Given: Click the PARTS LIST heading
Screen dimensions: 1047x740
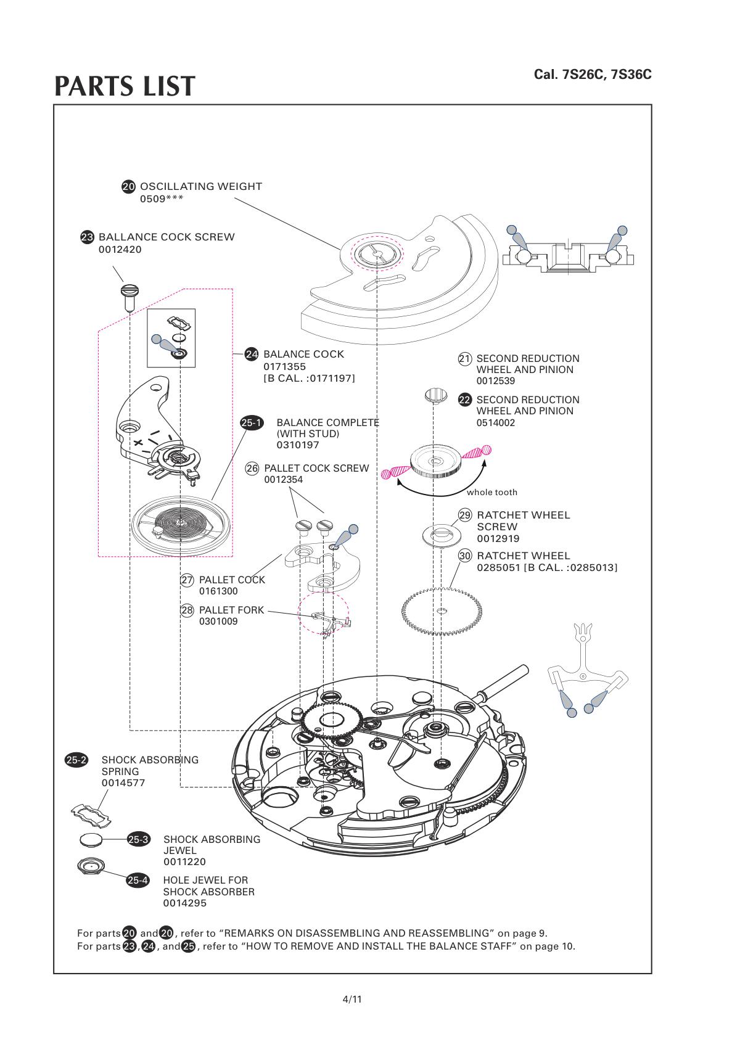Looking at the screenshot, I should (125, 86).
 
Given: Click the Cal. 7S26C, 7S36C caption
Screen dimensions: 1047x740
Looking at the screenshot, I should (592, 75).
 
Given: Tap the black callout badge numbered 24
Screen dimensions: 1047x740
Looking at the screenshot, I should (252, 354).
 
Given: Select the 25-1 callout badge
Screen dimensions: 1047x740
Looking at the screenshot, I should (252, 423).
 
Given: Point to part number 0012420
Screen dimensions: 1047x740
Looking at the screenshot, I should (120, 250).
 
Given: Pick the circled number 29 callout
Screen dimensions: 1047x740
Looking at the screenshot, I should (465, 515).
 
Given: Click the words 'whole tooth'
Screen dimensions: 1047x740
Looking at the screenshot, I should (491, 492).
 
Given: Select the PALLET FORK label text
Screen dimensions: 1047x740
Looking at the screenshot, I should (231, 610).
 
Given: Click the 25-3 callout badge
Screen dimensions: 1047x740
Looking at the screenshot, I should (138, 839).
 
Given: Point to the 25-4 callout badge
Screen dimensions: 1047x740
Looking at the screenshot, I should (138, 881).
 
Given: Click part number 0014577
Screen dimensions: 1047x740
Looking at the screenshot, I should (123, 783).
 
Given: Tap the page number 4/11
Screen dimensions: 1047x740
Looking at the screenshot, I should (352, 999).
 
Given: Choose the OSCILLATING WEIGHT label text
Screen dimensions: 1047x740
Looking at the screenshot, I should (201, 186).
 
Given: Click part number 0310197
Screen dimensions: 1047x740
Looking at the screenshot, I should (298, 445).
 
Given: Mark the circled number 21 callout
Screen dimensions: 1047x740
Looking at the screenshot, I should (465, 359).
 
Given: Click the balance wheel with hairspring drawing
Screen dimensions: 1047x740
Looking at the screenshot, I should (181, 524).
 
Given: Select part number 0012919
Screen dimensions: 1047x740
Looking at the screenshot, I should (498, 538).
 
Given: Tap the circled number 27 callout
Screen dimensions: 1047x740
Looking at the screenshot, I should (187, 580).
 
